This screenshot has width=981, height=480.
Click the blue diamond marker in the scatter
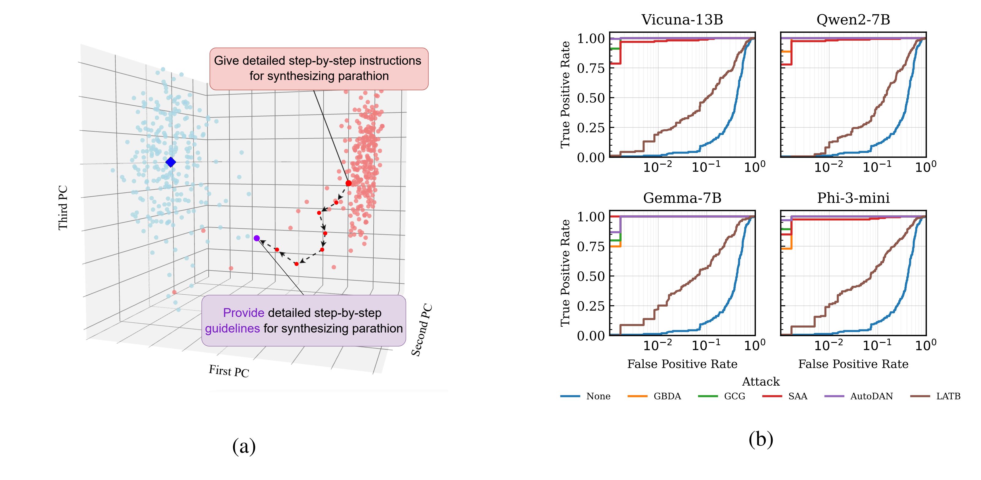point(171,162)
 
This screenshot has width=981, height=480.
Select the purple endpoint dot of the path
point(257,238)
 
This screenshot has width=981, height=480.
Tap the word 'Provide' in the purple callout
point(243,313)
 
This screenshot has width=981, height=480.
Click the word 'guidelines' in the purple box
point(232,329)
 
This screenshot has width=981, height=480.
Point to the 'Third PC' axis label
point(63,208)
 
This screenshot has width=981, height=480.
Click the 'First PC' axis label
point(229,371)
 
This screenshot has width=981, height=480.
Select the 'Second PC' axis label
point(422,330)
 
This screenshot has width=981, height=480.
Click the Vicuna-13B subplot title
point(682,20)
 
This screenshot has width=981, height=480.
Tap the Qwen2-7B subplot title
point(853,20)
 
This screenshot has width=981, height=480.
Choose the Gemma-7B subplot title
point(682,198)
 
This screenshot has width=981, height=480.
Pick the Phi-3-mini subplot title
point(853,198)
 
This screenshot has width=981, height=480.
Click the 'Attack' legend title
point(760,382)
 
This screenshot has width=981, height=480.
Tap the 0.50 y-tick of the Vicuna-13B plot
point(591,98)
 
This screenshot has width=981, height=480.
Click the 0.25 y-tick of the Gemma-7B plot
point(591,306)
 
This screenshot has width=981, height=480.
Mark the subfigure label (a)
point(244,446)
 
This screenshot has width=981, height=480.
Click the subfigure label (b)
point(760,440)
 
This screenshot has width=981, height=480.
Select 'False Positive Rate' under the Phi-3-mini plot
point(853,364)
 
